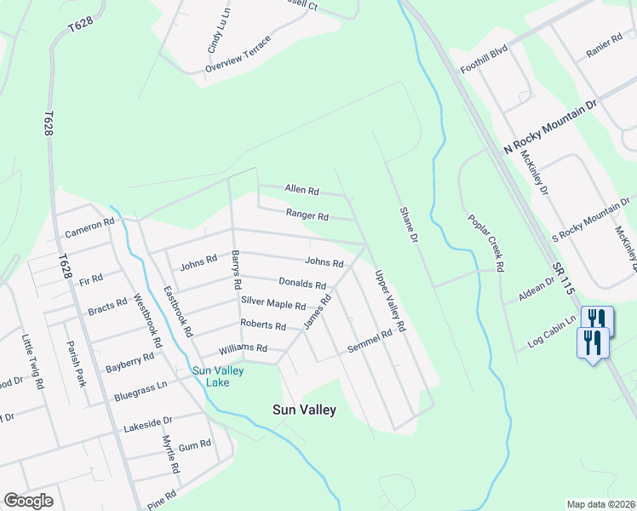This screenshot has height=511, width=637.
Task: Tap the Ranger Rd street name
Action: [307, 216]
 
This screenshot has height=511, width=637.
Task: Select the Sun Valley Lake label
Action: [218, 376]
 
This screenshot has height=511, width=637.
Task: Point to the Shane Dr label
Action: [409, 227]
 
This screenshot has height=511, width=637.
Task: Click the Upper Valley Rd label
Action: [389, 301]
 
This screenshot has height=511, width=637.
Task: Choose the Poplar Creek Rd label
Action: [486, 243]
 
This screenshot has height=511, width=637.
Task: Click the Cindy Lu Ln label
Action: [218, 32]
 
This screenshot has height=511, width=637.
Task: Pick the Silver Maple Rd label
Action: [273, 302]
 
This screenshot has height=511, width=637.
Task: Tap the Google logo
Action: [28, 501]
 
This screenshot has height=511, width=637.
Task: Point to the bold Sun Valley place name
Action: [304, 410]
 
